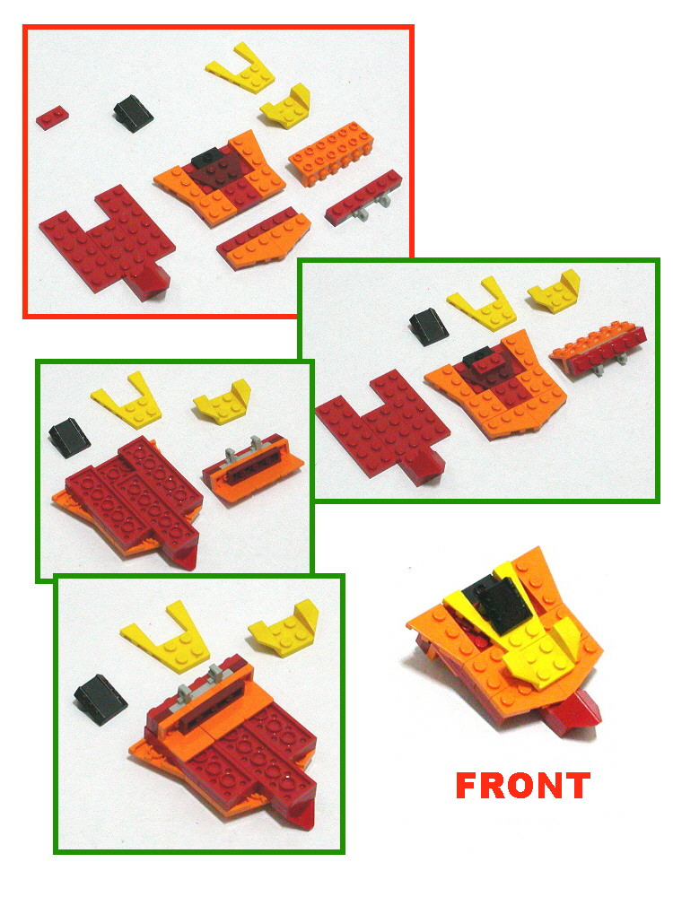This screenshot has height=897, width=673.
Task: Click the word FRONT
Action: click(x=523, y=785)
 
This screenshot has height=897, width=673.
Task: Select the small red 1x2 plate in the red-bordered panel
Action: click(x=52, y=118)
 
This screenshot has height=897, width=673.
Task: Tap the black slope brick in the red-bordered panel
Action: click(x=134, y=113)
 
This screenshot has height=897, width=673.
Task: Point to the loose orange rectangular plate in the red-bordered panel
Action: click(x=331, y=150)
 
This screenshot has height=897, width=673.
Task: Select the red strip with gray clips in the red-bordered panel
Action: click(x=364, y=198)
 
